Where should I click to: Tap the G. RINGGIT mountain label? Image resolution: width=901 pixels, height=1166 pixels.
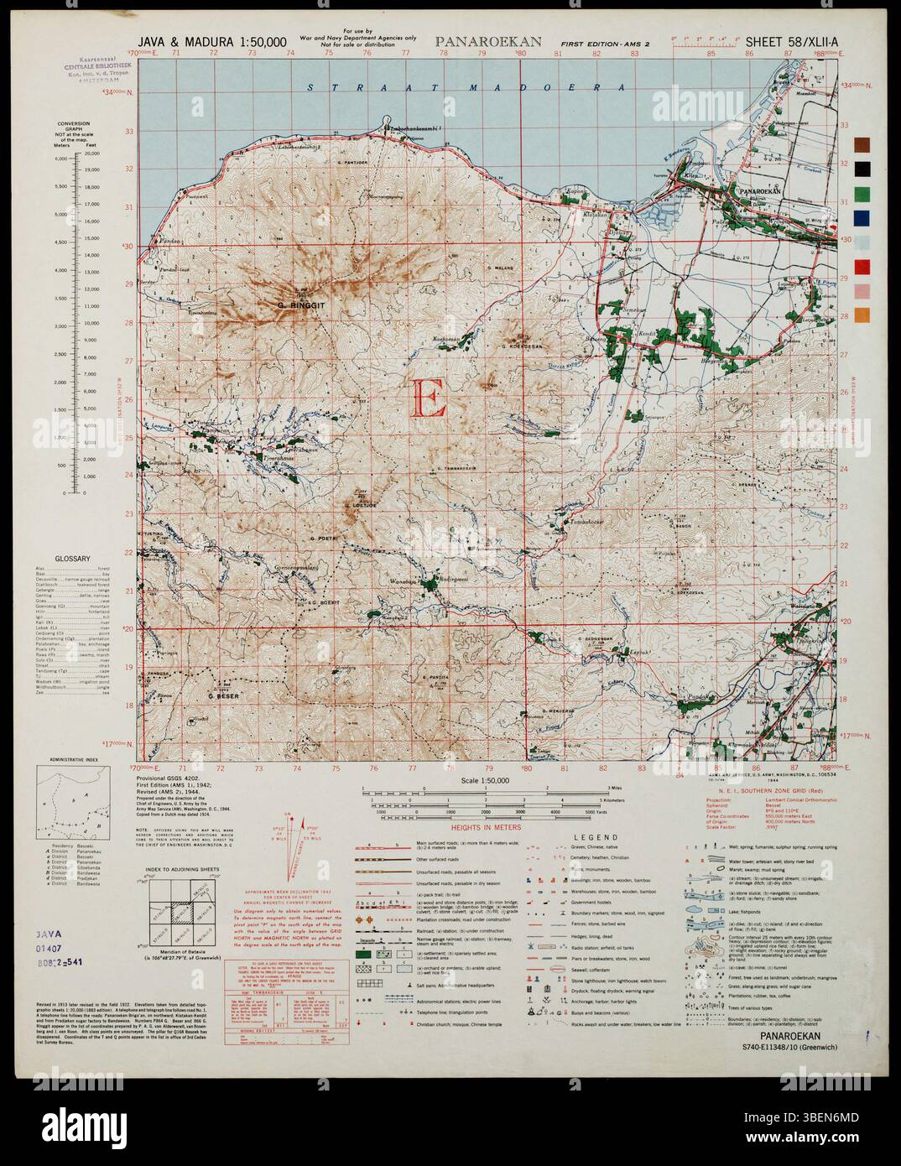pyautogui.click(x=300, y=305)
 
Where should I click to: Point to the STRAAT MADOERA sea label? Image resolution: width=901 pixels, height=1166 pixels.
pyautogui.click(x=467, y=87)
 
